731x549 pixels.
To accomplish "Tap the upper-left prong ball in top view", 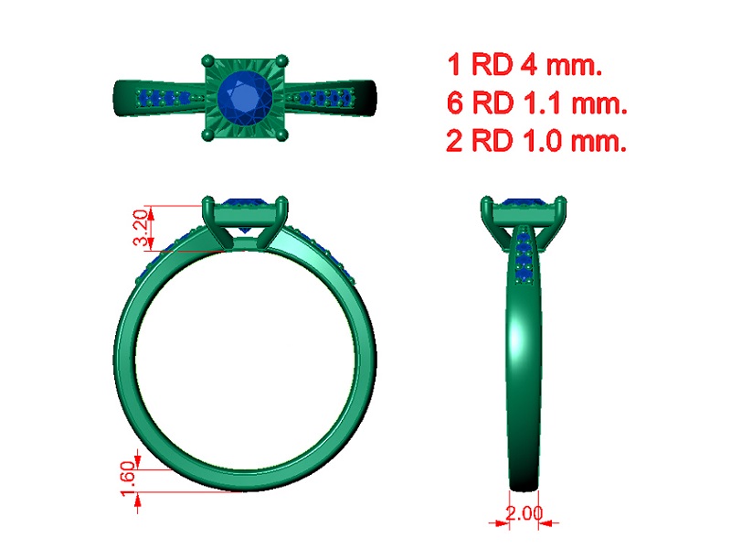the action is pyautogui.click(x=208, y=60).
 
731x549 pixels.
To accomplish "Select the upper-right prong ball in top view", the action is pyautogui.click(x=281, y=60).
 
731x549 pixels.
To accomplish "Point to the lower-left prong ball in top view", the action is pyautogui.click(x=208, y=135).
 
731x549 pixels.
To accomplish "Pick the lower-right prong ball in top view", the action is pyautogui.click(x=281, y=135).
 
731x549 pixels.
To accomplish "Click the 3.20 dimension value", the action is pyautogui.click(x=141, y=228).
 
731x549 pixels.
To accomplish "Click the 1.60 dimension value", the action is pyautogui.click(x=128, y=479).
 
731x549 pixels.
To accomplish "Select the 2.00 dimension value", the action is pyautogui.click(x=524, y=513).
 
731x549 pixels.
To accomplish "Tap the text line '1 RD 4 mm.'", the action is pyautogui.click(x=524, y=64).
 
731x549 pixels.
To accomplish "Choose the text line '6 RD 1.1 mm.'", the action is pyautogui.click(x=537, y=102).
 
